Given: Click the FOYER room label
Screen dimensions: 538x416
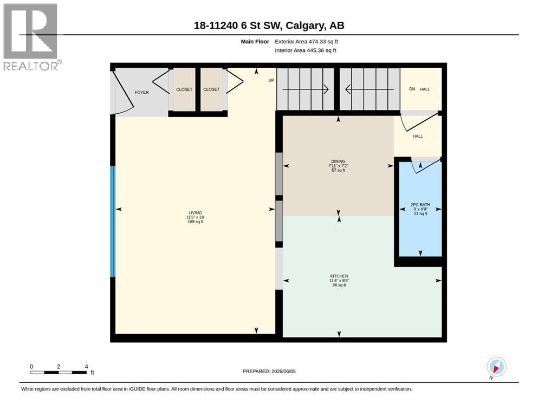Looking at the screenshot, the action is (142, 92).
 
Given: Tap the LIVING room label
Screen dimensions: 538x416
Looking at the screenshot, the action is (195, 213).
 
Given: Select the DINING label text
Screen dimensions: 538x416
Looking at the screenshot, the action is (338, 161).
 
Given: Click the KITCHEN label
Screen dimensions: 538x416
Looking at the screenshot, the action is (339, 276).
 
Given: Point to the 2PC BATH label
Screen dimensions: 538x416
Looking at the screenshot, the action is (420, 205).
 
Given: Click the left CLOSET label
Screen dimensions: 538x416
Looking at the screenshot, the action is (184, 89).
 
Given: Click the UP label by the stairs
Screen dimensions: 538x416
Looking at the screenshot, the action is (271, 80).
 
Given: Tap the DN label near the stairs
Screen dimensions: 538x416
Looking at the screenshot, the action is (412, 89).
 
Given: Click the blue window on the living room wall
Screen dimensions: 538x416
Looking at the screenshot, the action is (113, 222).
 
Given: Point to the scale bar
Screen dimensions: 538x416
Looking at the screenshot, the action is (59, 372).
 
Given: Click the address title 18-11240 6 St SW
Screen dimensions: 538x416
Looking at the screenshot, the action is (237, 25).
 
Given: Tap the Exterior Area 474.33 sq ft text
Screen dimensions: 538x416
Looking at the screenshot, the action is (306, 42).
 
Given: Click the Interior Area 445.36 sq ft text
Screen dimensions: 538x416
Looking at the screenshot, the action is (306, 50).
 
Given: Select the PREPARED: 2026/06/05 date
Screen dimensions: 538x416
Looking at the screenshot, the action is (269, 371).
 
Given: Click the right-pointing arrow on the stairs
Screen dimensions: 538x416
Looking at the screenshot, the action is (306, 89).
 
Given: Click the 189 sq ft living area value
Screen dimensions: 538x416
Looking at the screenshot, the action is (195, 222).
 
